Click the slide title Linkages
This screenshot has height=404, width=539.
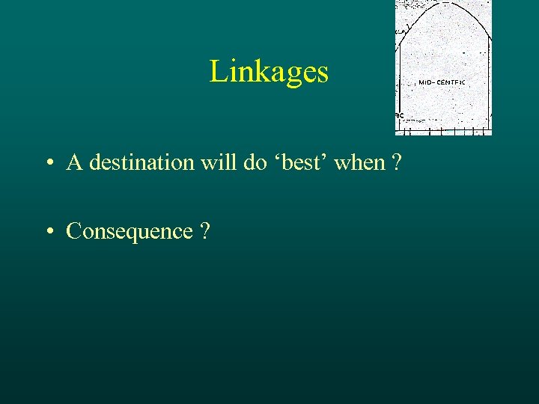[269, 72]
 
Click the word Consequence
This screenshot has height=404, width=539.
[130, 232]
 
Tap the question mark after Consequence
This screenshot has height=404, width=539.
[205, 232]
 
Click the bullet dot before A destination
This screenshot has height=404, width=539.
[48, 163]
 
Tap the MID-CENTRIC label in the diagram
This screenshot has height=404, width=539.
[442, 82]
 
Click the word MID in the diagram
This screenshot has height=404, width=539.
[425, 82]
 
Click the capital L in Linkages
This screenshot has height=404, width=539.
[218, 73]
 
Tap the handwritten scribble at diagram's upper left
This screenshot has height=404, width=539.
[404, 30]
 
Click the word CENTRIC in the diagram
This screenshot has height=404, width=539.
[451, 82]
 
